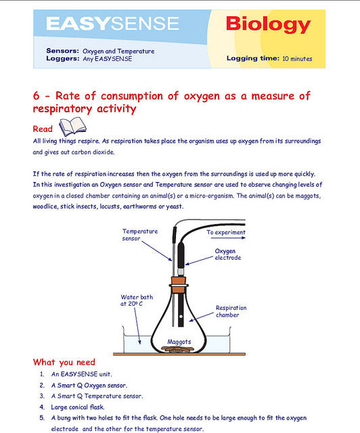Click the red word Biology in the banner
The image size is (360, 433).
point(268,24)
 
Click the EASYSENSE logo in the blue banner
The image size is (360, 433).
point(113,24)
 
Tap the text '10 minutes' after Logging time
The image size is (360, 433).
point(297,59)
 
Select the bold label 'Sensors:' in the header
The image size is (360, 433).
point(63,51)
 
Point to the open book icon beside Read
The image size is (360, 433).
point(72,127)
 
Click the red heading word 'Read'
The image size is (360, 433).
point(43,129)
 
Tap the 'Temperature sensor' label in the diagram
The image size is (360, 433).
point(140,235)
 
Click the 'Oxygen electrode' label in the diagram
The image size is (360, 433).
point(227,254)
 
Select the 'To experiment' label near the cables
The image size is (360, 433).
point(226,232)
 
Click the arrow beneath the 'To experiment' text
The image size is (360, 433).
point(228,237)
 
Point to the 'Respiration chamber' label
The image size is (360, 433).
point(231,311)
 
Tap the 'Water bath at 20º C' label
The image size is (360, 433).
point(137,300)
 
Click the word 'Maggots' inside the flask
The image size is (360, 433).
point(179,342)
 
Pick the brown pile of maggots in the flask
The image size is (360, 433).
point(177,349)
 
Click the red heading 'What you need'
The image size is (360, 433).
point(64,362)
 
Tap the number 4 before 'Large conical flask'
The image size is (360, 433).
point(42,407)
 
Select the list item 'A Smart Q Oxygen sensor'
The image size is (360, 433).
point(89,385)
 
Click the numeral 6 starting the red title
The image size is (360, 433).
point(36,96)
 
